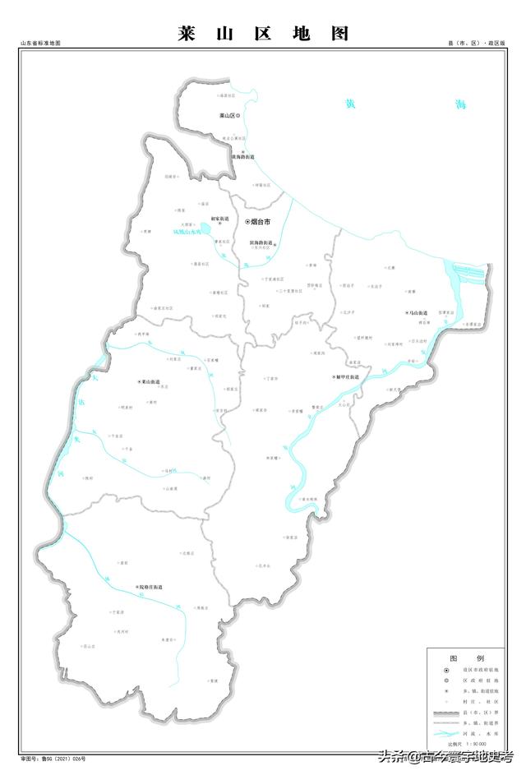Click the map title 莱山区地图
tap(263, 34)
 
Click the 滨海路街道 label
tap(261, 242)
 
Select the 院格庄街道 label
tap(151, 588)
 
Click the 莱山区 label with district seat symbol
tap(228, 116)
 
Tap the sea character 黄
tap(351, 104)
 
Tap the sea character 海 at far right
tap(460, 104)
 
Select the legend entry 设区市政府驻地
tap(485, 671)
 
